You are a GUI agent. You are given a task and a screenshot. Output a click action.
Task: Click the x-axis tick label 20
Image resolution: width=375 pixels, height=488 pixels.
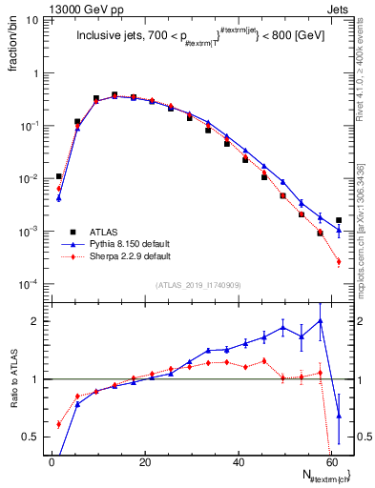pos(144,463)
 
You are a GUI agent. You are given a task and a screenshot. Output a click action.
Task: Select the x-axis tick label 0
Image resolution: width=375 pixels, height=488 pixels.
pos(52,463)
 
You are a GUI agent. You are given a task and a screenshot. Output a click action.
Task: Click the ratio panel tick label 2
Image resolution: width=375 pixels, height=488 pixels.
pos(36,321)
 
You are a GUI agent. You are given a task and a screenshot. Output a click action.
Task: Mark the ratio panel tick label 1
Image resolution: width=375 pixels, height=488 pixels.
pos(36,379)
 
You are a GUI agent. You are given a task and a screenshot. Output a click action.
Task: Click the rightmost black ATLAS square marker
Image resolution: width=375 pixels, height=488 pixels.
pos(339,220)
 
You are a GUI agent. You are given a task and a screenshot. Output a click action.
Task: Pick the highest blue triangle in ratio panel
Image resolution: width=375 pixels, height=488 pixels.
pos(321,321)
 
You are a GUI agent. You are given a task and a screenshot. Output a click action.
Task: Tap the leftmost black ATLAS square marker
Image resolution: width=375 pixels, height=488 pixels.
pos(59,176)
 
